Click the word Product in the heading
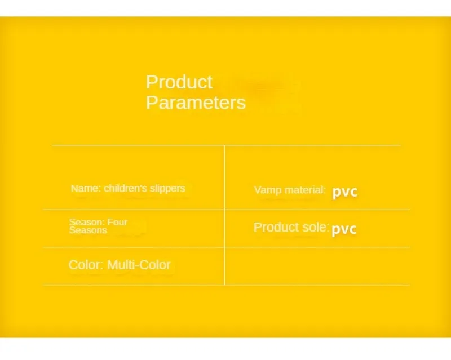pos(179,82)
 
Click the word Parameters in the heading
pos(196,103)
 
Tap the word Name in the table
pos(86,188)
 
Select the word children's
pos(125,188)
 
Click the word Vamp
pos(264,190)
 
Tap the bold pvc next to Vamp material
pos(344,192)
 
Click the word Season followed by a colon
pos(87,222)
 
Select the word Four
pos(117,222)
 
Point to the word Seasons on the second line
pos(88,230)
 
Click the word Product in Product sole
pos(276,228)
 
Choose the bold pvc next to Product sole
pos(344,229)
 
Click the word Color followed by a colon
pos(86,265)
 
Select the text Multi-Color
pos(139,265)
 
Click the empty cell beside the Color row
pos(317,266)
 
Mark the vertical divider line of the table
pos(224,215)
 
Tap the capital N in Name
pos(74,188)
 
